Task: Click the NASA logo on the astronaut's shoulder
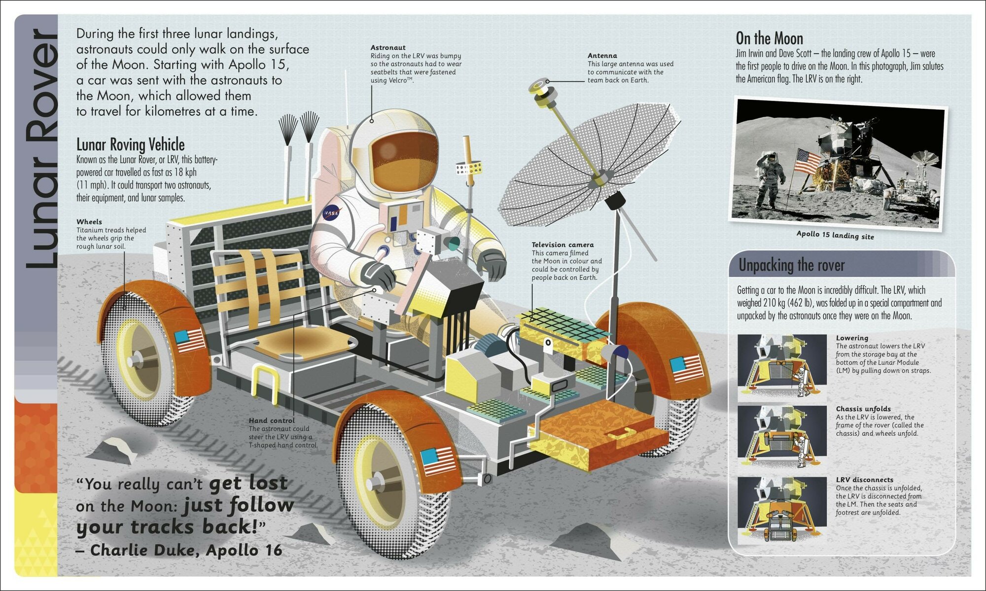(331, 213)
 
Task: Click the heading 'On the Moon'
(769, 38)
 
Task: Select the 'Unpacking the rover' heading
(791, 266)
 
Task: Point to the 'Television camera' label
(563, 244)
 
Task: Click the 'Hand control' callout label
(272, 420)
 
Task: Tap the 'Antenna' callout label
(602, 56)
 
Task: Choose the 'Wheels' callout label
(89, 222)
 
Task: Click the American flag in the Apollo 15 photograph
(808, 162)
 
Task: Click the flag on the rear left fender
(190, 340)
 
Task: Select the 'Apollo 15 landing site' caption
(835, 235)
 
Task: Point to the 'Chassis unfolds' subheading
(863, 409)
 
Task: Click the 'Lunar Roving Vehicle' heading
(131, 144)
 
